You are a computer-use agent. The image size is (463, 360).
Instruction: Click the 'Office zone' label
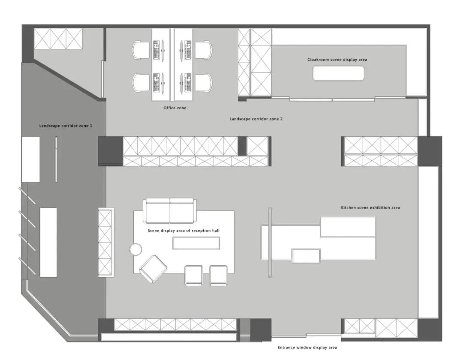tap(175, 108)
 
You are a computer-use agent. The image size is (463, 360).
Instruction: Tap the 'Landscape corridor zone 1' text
tap(66, 126)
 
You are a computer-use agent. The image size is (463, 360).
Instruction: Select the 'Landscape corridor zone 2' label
tap(256, 119)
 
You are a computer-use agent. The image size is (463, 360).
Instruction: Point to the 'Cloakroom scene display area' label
tap(337, 60)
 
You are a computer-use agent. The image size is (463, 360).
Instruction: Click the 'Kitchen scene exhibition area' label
tap(370, 208)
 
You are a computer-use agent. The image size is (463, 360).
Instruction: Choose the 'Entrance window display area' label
tap(307, 348)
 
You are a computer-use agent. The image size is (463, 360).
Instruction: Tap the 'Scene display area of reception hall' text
tap(183, 231)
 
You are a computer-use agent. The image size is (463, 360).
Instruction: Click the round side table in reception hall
tap(136, 249)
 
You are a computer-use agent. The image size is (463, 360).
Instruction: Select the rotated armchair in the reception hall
tap(153, 269)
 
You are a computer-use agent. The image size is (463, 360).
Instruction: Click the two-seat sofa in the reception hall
tap(170, 211)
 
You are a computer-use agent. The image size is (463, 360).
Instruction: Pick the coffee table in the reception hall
tap(196, 243)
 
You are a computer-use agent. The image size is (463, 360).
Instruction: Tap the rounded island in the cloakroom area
tap(338, 73)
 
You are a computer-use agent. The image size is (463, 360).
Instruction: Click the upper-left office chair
tap(141, 50)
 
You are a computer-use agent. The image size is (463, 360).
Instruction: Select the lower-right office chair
tap(204, 83)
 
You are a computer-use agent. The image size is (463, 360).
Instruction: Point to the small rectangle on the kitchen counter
tap(306, 256)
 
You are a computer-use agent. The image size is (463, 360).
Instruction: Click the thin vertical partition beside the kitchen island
tap(270, 242)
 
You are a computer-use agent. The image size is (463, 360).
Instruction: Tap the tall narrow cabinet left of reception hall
tap(106, 242)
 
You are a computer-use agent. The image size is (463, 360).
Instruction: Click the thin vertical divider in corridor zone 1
tap(56, 159)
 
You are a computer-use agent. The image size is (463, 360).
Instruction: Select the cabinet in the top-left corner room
tap(58, 39)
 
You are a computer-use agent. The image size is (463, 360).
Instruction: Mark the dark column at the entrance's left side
tap(261, 330)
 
